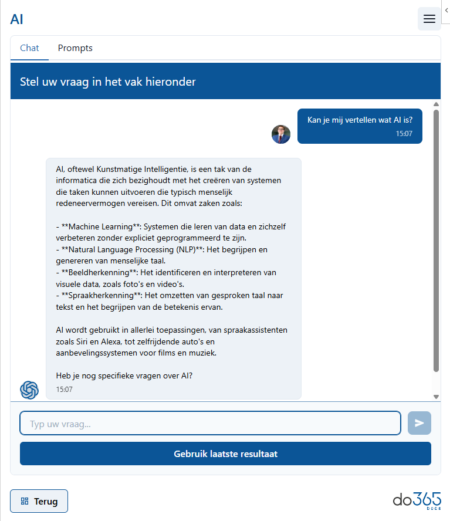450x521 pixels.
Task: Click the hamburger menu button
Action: click(429, 19)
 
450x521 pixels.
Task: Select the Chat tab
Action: click(29, 48)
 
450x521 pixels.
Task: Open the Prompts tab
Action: click(75, 48)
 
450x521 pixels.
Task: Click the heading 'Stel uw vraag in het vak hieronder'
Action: click(108, 82)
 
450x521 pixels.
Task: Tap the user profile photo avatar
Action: click(281, 134)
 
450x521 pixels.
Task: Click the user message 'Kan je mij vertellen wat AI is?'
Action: click(360, 120)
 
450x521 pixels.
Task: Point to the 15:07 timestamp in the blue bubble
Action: click(404, 134)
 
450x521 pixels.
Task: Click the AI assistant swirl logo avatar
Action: click(29, 390)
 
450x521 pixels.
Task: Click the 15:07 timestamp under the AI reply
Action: click(65, 389)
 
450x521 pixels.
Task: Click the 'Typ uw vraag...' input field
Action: click(210, 423)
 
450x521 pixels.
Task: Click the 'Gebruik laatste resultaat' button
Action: click(225, 454)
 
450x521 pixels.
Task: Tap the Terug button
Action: click(39, 501)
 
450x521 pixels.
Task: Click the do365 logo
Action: click(417, 500)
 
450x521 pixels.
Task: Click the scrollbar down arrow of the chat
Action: click(436, 397)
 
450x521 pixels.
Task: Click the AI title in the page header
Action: click(17, 19)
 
